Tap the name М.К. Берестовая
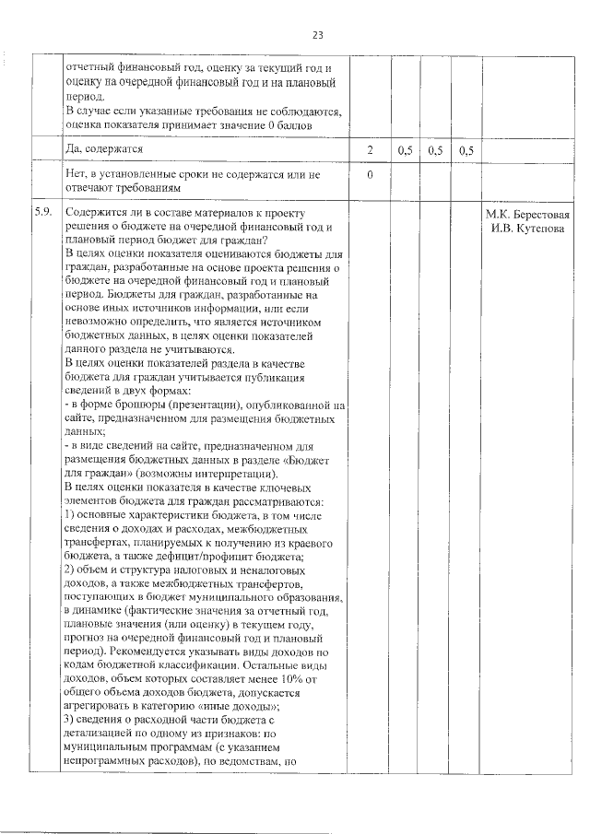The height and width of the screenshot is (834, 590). tap(527, 215)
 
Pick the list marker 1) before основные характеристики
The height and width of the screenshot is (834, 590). tap(71, 514)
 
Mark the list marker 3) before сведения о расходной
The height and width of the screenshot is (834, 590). tap(71, 717)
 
